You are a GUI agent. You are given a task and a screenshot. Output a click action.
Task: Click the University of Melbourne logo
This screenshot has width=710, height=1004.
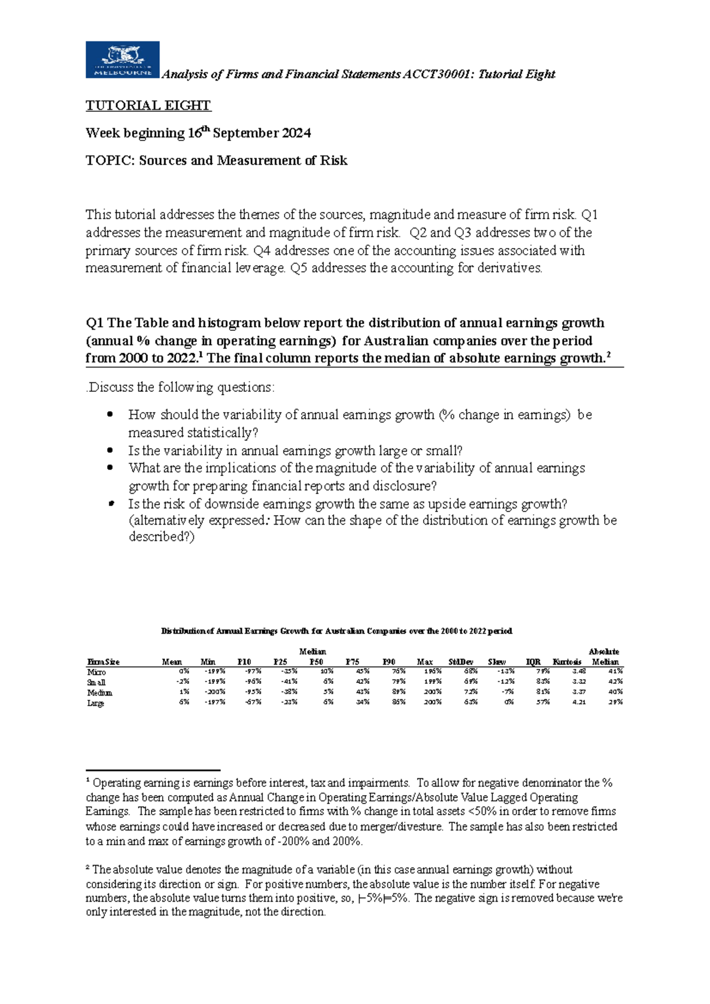[x=122, y=60]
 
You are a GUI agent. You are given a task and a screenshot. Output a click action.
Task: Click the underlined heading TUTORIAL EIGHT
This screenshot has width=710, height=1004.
[x=148, y=106]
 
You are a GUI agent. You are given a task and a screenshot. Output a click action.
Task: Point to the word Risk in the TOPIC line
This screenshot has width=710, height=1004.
[x=334, y=160]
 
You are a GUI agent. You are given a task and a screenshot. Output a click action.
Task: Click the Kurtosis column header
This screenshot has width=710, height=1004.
[x=567, y=662]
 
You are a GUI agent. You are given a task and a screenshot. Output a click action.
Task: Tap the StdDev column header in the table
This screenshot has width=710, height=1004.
[x=461, y=662]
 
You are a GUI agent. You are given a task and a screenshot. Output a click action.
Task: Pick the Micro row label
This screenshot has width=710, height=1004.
[x=96, y=672]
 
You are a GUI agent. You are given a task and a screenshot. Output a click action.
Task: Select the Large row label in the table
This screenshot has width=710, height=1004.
[x=96, y=703]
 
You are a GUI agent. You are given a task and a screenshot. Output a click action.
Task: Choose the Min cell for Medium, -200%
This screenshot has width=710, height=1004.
[x=214, y=691]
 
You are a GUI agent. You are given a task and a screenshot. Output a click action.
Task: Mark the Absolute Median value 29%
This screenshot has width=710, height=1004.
[x=615, y=702]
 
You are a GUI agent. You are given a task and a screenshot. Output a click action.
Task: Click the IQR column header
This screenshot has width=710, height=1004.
[x=533, y=662]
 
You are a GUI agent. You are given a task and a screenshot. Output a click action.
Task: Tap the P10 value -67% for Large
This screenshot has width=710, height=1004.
[x=253, y=702]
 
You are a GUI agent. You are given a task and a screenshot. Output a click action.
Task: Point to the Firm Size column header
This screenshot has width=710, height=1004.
[x=104, y=662]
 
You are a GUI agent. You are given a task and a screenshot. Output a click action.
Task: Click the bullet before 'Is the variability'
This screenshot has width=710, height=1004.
[x=110, y=450]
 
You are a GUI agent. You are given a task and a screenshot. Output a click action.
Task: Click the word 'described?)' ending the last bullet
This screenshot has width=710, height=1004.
[x=161, y=537]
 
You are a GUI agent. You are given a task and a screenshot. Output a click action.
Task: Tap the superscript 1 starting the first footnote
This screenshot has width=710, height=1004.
[x=88, y=781]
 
